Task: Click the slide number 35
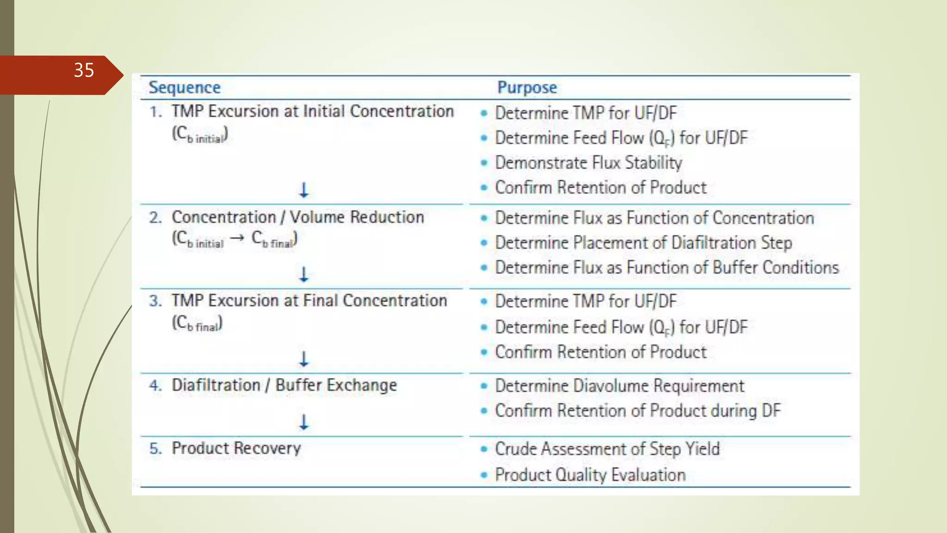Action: [x=84, y=70]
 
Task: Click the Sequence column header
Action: [x=184, y=87]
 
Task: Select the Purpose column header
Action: [x=527, y=87]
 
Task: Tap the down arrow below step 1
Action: [x=304, y=190]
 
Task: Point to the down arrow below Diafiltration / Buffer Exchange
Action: [x=304, y=422]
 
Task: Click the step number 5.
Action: [x=155, y=449]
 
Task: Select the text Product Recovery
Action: [x=236, y=448]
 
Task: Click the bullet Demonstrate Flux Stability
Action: [x=588, y=163]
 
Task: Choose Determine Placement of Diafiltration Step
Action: [x=643, y=243]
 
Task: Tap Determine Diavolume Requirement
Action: [x=619, y=386]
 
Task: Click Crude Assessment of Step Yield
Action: [x=607, y=449]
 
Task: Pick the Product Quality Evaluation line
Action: [x=590, y=475]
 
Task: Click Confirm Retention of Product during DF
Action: [x=637, y=411]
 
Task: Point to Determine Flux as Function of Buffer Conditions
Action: [x=666, y=268]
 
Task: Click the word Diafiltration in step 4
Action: [x=216, y=385]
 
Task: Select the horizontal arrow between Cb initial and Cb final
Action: [x=237, y=238]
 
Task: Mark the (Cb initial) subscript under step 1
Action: [x=200, y=135]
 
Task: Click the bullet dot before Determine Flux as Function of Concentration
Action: [x=484, y=218]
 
